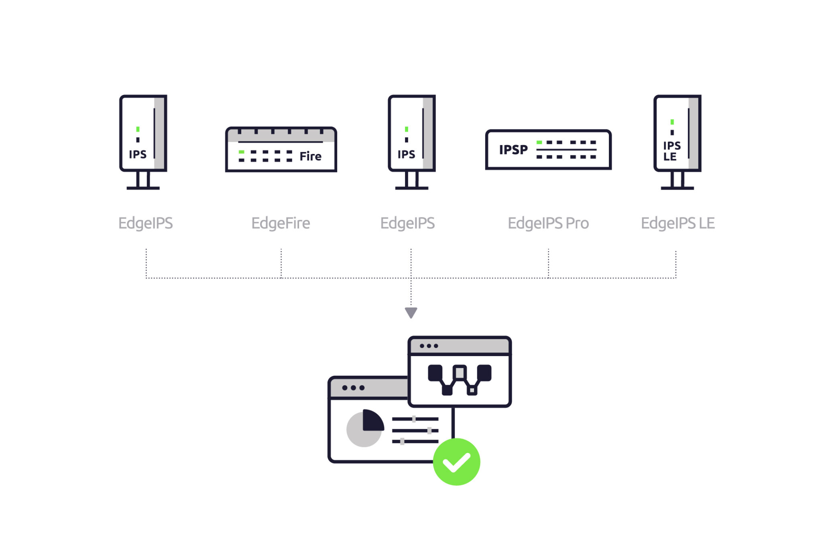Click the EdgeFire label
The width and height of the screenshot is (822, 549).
pyautogui.click(x=281, y=223)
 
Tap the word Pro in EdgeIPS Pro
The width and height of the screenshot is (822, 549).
pyautogui.click(x=577, y=223)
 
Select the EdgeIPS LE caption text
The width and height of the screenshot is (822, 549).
pyautogui.click(x=678, y=223)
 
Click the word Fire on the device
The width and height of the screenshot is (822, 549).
pyautogui.click(x=310, y=156)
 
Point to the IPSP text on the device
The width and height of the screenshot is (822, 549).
pyautogui.click(x=513, y=150)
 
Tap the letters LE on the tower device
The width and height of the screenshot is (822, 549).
pyautogui.click(x=670, y=157)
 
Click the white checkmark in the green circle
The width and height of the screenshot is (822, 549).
pyautogui.click(x=456, y=462)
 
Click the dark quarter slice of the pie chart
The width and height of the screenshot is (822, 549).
pyautogui.click(x=372, y=421)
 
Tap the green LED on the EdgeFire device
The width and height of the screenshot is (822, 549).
pyautogui.click(x=241, y=152)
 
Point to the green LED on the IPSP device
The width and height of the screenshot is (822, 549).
pyautogui.click(x=539, y=142)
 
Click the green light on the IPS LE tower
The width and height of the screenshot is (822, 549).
pyautogui.click(x=672, y=122)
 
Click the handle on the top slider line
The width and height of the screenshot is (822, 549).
pyautogui.click(x=414, y=419)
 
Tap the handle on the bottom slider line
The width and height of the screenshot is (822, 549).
pyautogui.click(x=402, y=441)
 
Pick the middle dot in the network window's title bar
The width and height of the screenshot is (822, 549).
pyautogui.click(x=429, y=346)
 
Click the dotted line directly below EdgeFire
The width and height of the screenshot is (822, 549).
pyautogui.click(x=281, y=263)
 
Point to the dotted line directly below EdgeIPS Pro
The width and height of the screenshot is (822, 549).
pyautogui.click(x=548, y=263)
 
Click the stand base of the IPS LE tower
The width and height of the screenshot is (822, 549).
pyautogui.click(x=677, y=188)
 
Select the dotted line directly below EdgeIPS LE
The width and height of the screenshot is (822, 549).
pyautogui.click(x=676, y=264)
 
